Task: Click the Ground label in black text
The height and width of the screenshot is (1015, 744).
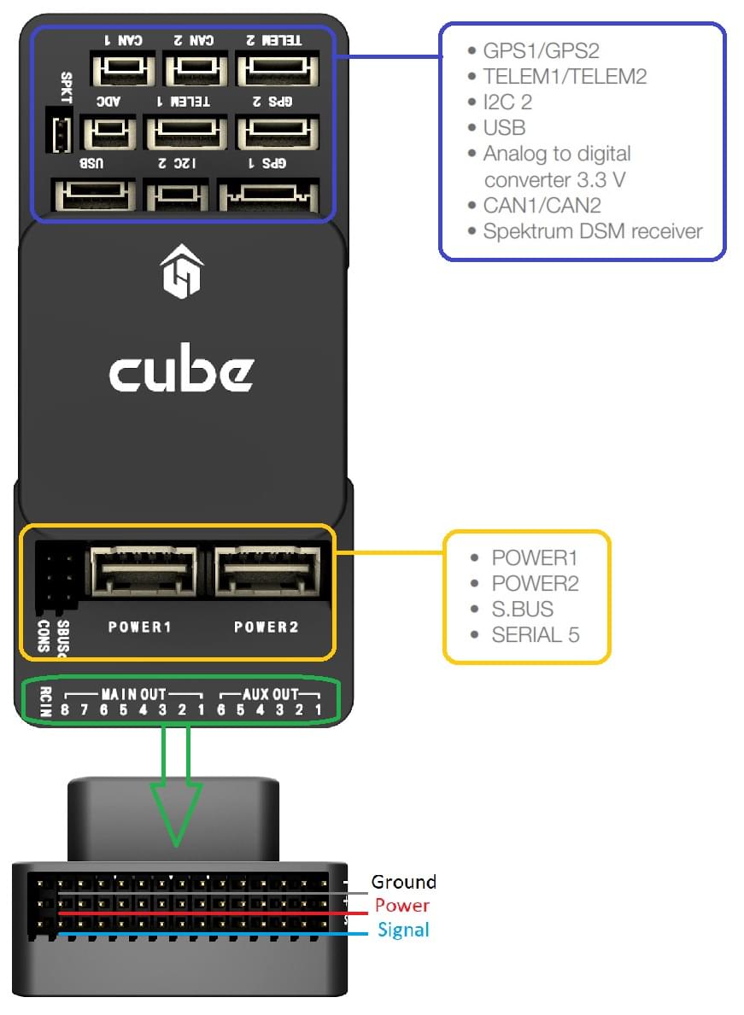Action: pos(403,882)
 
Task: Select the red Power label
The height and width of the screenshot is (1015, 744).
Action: pos(401,905)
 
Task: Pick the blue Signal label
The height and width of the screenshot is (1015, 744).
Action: pos(403,930)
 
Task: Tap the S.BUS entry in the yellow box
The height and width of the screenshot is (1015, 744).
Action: pos(522,609)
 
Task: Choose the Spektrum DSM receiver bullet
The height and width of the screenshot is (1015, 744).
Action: pos(592,230)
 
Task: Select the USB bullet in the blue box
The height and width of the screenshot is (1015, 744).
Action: pos(503,128)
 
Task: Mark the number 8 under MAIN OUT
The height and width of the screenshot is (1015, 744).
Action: pos(65,710)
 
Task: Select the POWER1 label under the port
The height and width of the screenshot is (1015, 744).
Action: pos(140,627)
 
